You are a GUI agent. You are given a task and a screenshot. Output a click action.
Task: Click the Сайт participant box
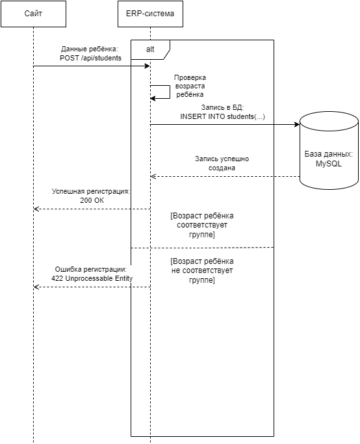click(x=33, y=14)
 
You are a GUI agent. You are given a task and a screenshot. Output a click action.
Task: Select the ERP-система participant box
click(x=150, y=14)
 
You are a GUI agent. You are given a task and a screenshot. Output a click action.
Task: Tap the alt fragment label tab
click(x=150, y=50)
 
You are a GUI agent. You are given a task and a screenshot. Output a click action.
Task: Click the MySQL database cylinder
click(x=329, y=150)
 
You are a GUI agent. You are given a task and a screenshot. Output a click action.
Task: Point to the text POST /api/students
click(x=90, y=58)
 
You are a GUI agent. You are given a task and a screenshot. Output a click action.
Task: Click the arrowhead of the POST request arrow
click(x=147, y=66)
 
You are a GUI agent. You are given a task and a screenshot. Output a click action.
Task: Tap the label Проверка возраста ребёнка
click(x=190, y=86)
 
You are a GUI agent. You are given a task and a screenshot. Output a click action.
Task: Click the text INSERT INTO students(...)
click(x=222, y=116)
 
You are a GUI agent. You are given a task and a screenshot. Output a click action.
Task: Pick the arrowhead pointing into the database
click(x=297, y=125)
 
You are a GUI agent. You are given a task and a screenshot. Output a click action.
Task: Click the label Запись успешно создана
click(x=222, y=163)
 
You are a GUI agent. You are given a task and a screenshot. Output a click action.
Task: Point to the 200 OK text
click(x=92, y=200)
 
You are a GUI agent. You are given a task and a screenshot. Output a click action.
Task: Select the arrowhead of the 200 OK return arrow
click(x=36, y=209)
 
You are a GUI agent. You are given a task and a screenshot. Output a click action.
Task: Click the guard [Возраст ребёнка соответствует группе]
click(x=202, y=225)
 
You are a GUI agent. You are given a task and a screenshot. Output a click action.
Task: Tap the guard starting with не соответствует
click(x=202, y=270)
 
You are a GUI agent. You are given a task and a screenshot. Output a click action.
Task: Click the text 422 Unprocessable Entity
click(x=92, y=279)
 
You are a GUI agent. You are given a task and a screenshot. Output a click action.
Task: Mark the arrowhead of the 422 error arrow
click(x=36, y=287)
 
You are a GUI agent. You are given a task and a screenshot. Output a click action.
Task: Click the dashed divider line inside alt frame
click(x=202, y=248)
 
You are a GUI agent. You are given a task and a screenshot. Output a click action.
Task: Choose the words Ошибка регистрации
click(x=90, y=269)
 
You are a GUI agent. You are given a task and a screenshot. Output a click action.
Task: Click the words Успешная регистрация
click(x=90, y=191)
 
